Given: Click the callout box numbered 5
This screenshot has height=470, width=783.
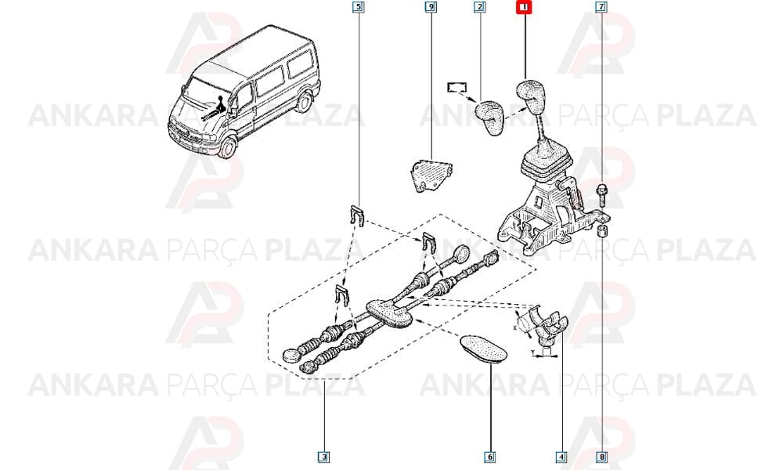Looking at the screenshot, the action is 358,8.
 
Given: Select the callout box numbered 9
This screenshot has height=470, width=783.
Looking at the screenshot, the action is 431,8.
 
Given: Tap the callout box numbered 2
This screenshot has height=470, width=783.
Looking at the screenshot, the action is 480,8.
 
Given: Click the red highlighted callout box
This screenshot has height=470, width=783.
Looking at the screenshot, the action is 525,8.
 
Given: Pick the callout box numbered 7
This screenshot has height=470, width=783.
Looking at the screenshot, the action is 601,8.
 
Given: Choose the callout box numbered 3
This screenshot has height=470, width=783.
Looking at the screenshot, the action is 325,457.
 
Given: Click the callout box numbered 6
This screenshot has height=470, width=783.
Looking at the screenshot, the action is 490,457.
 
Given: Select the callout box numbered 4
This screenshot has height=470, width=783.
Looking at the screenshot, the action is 561,457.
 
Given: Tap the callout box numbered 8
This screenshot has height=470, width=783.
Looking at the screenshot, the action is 602,457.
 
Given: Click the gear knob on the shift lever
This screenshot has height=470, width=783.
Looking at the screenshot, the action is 531,96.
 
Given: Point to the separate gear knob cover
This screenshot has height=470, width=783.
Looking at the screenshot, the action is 489,117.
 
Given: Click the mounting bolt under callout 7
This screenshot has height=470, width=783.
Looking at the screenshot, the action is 601,195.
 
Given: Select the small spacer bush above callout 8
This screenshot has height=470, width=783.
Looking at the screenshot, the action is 602,230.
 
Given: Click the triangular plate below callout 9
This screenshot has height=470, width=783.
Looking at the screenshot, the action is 431,175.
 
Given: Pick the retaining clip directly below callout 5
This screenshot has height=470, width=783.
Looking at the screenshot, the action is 355,215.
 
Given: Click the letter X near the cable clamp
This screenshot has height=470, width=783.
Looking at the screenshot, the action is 515,328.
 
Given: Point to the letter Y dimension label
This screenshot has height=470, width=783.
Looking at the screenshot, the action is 532,352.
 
